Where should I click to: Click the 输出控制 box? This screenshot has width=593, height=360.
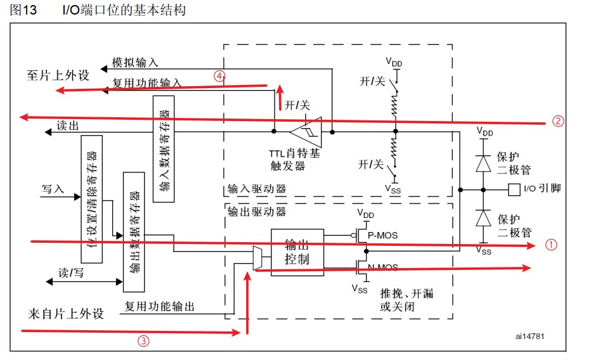click(297, 252)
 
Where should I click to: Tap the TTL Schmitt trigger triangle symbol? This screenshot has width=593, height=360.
click(306, 131)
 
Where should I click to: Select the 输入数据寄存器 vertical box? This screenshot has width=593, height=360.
click(164, 150)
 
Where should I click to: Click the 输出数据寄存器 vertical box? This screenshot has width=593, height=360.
click(134, 231)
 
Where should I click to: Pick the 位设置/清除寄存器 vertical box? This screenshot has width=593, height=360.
click(91, 198)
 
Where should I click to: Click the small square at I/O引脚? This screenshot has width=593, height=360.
click(514, 189)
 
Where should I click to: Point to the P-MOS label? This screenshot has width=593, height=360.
click(383, 235)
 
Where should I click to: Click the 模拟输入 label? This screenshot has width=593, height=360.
click(135, 62)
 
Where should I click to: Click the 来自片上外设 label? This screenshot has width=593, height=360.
click(65, 314)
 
